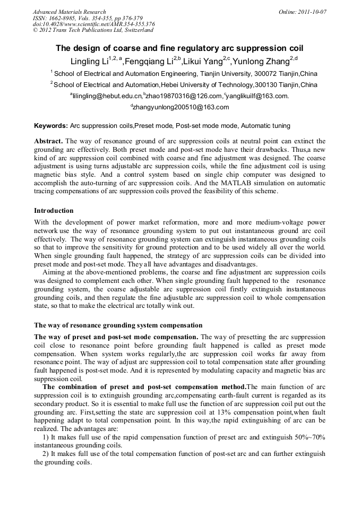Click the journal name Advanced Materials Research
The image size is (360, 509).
pyautogui.click(x=70, y=12)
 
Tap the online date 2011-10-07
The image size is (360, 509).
pyautogui.click(x=310, y=12)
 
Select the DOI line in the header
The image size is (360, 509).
pyautogui.click(x=94, y=24)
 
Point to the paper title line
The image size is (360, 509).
pyautogui.click(x=180, y=48)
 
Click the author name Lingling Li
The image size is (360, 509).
pyautogui.click(x=89, y=61)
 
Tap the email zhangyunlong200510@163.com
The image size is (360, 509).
pyautogui.click(x=181, y=107)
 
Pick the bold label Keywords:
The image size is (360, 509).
pyautogui.click(x=51, y=126)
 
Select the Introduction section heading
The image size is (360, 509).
pyautogui.click(x=54, y=211)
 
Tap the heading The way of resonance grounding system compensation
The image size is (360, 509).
pyautogui.click(x=118, y=325)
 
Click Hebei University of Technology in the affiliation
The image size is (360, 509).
pyautogui.click(x=207, y=85)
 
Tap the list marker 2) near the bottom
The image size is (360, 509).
pyautogui.click(x=46, y=454)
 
